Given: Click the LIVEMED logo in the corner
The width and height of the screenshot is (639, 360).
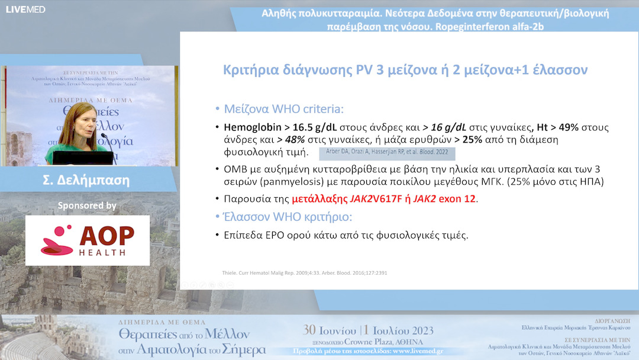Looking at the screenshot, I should (25, 9).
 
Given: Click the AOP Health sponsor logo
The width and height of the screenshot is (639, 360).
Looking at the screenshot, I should (87, 240).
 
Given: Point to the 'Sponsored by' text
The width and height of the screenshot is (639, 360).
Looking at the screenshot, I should (87, 206).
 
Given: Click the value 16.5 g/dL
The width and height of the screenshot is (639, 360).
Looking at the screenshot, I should (309, 127).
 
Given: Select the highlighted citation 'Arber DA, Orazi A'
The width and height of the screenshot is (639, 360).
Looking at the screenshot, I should (355, 153).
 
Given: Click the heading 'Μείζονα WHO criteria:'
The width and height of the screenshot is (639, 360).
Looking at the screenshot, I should (283, 109).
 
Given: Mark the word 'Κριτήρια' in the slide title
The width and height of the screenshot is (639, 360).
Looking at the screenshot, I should (249, 70).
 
